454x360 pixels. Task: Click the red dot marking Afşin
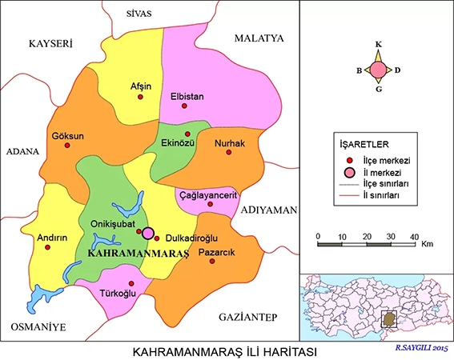click(141, 97)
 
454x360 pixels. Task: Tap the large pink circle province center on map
click(148, 234)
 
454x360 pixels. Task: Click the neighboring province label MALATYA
click(259, 38)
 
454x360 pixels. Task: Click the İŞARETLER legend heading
click(362, 144)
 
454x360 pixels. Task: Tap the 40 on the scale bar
click(413, 237)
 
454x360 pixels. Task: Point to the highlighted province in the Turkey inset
click(389, 319)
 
